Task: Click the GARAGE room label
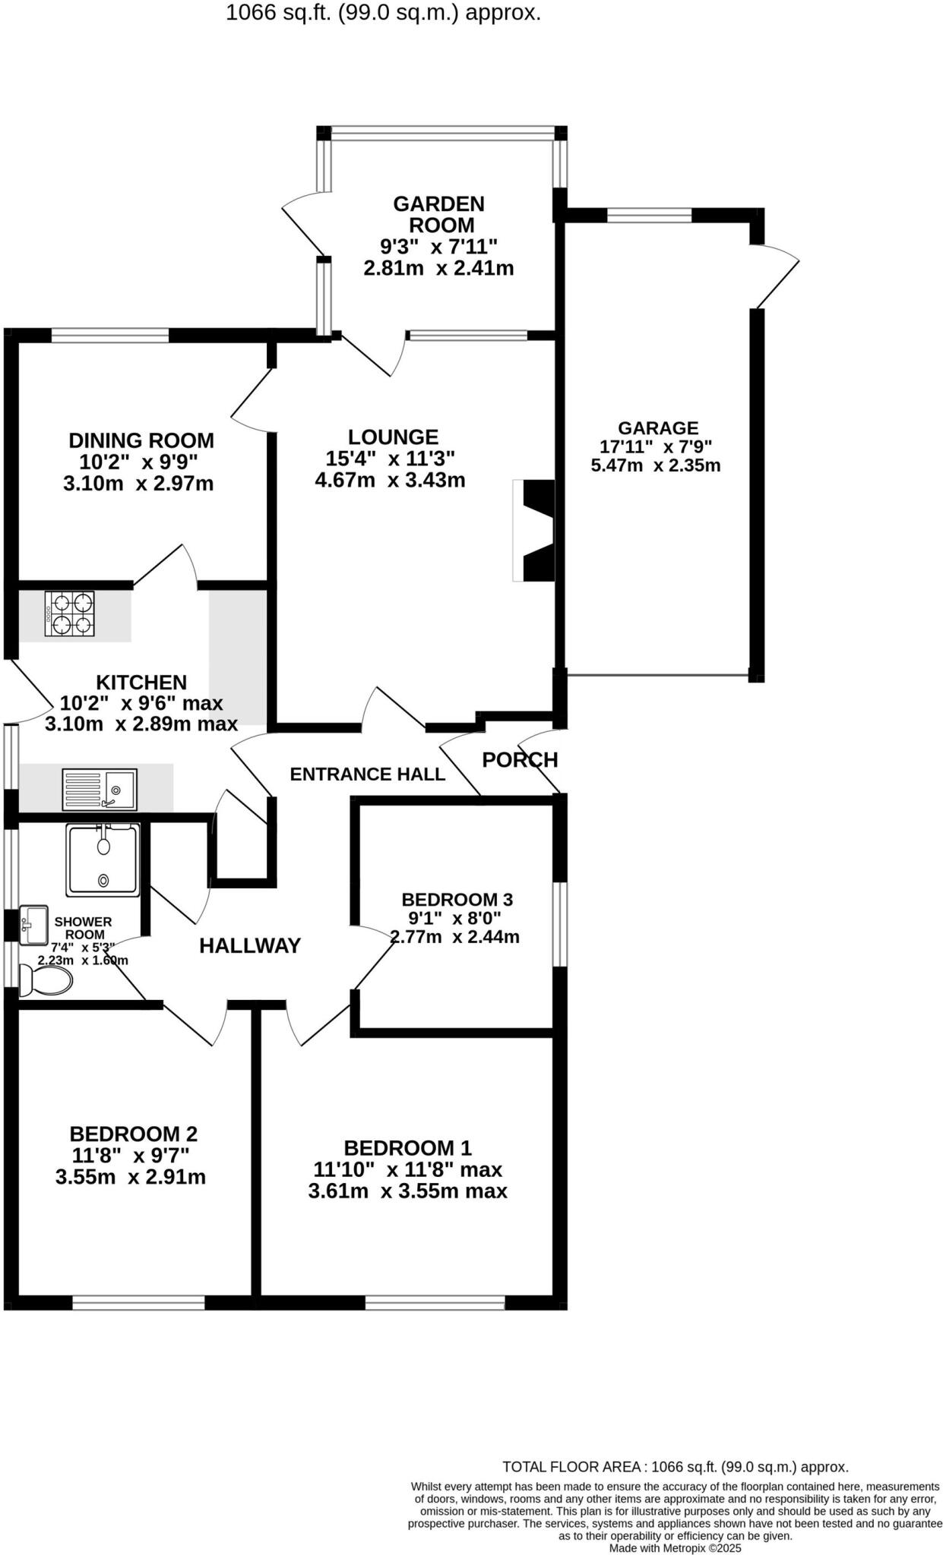pyautogui.click(x=657, y=428)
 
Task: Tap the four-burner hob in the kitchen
pyautogui.click(x=70, y=614)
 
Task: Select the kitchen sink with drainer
pyautogui.click(x=100, y=790)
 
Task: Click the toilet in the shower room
pyautogui.click(x=45, y=980)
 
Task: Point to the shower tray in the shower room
pyautogui.click(x=103, y=859)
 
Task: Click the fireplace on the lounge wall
pyautogui.click(x=535, y=530)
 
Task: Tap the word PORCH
pyautogui.click(x=520, y=759)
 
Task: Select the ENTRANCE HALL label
pyautogui.click(x=367, y=774)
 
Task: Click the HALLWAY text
pyautogui.click(x=250, y=945)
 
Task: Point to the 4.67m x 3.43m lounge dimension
pyautogui.click(x=390, y=480)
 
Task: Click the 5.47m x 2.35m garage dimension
pyautogui.click(x=656, y=465)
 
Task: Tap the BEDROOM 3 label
pyautogui.click(x=457, y=900)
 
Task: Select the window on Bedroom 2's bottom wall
pyautogui.click(x=138, y=1303)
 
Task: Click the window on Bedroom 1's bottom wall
pyautogui.click(x=435, y=1303)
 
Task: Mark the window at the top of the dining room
pyautogui.click(x=109, y=335)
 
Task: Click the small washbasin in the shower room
pyautogui.click(x=33, y=924)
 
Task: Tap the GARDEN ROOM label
pyautogui.click(x=438, y=214)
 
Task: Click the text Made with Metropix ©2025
pyautogui.click(x=675, y=1547)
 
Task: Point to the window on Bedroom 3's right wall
pyautogui.click(x=560, y=923)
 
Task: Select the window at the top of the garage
pyautogui.click(x=649, y=215)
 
